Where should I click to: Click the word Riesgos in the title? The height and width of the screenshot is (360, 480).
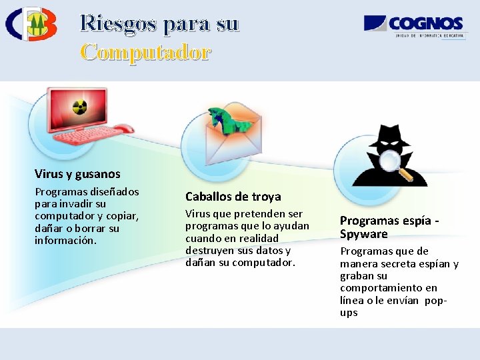pos(118,23)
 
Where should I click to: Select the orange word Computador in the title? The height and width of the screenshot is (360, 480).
pos(145,51)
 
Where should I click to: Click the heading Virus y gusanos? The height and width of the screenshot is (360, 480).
pos(77,174)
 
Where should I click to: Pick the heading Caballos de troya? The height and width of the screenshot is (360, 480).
pos(233,197)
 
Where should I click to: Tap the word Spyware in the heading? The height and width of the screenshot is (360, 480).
pos(363,234)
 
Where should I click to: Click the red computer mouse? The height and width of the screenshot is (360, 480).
pos(123,129)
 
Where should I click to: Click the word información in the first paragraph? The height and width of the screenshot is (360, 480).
pos(65,240)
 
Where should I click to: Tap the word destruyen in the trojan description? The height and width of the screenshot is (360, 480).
pos(209,251)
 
